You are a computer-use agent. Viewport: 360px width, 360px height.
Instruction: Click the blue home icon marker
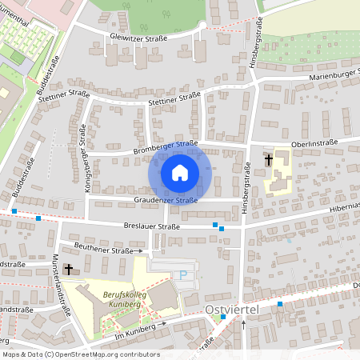pyautogui.click(x=180, y=172)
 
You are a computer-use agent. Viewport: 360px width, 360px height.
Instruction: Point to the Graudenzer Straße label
pyautogui.click(x=166, y=200)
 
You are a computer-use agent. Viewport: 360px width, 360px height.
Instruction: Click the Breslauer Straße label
pyautogui.click(x=152, y=226)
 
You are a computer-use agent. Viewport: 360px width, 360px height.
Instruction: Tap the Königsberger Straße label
pyautogui.click(x=82, y=151)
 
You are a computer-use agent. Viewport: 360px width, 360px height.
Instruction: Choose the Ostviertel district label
pyautogui.click(x=230, y=309)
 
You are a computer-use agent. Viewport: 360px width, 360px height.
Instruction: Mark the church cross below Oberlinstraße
pyautogui.click(x=268, y=160)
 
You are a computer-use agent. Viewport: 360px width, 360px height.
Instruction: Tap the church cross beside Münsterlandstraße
pyautogui.click(x=69, y=270)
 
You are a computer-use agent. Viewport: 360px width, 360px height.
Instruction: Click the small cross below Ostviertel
pyautogui.click(x=244, y=323)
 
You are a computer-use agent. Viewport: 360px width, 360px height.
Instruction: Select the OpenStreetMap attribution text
pyautogui.click(x=80, y=354)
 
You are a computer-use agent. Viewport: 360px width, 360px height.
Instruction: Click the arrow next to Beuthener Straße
pyautogui.click(x=139, y=250)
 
